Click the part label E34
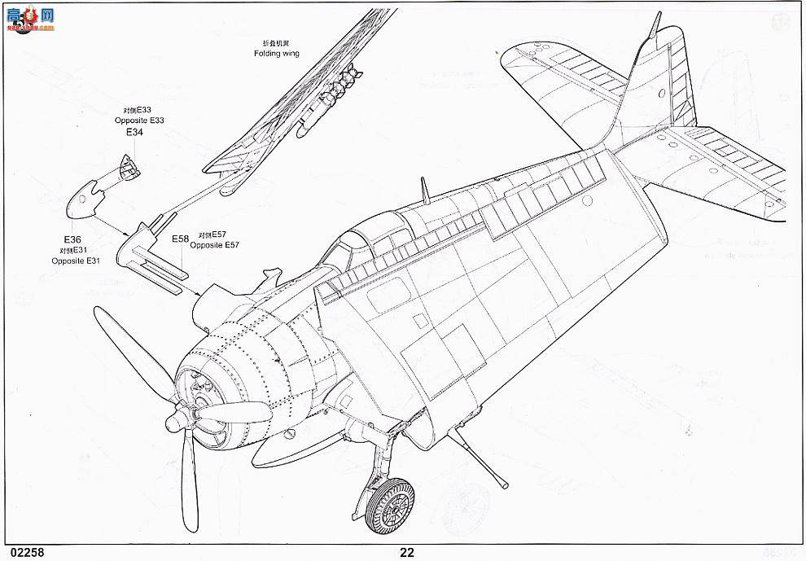[134, 132]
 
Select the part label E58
[180, 239]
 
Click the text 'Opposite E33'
[140, 121]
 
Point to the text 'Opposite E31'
[75, 261]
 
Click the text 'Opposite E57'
[216, 244]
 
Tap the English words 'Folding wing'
[276, 53]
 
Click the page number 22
[407, 552]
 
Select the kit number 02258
[22, 552]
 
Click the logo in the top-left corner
[28, 18]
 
